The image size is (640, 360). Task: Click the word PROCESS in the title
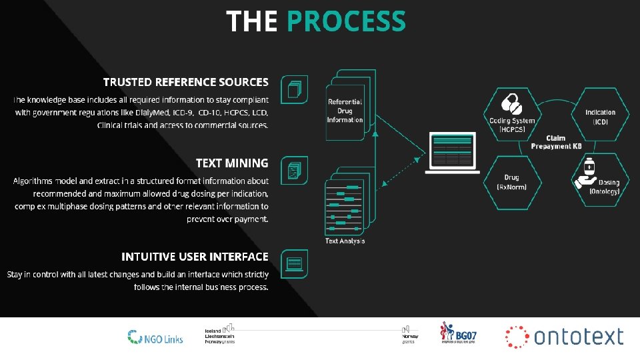(346, 21)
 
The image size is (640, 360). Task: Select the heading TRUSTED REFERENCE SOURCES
(185, 82)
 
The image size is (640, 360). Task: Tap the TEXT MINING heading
(232, 163)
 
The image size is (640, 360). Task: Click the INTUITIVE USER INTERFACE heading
(195, 257)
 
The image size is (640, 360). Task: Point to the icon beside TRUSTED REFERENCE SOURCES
(294, 89)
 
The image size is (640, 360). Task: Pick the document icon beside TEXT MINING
(294, 171)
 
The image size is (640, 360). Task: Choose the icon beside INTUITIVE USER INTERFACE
(294, 264)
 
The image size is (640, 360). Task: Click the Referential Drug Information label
(345, 111)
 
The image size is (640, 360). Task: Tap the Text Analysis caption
(345, 241)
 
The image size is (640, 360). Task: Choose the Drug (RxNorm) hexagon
(512, 181)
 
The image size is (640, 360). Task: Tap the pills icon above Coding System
(511, 104)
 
